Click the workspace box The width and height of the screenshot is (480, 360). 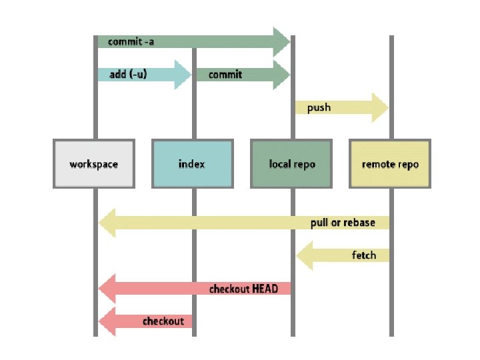coord(94,164)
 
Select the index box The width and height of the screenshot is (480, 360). coord(193,164)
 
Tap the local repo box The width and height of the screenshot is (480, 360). coord(291,164)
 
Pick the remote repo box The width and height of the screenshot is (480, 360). coord(390,164)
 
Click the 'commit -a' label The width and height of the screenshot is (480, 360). coord(131,41)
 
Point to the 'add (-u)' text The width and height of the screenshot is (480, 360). coord(128,75)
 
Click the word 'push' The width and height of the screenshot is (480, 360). coord(319,108)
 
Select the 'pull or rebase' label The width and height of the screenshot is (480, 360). coord(343,223)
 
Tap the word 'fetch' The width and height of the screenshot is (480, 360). coord(364,255)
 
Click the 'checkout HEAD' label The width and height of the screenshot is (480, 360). coord(244,289)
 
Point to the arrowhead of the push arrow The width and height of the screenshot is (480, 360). coord(380,108)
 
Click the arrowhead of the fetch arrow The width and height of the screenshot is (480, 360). coord(305,255)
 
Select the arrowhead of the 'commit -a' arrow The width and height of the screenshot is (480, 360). coord(281,42)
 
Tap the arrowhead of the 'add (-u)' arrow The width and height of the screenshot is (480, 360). coord(183,75)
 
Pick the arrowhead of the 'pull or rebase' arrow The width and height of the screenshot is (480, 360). coord(107,223)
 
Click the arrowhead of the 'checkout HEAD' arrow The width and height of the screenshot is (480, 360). coord(107,289)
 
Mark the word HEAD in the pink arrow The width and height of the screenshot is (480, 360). coord(265,289)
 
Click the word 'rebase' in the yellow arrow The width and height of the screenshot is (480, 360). coord(359,223)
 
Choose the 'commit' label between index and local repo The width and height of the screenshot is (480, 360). coord(225,75)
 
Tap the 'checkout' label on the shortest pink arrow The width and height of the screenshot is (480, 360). coord(163,321)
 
